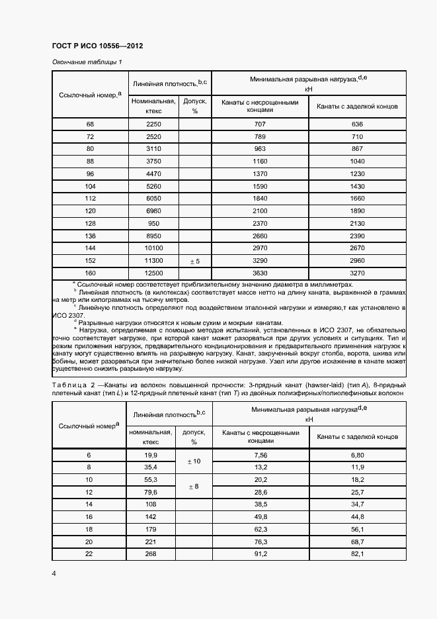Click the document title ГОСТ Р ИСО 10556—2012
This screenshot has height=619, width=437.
[97, 46]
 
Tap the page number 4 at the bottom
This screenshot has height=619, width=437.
[54, 573]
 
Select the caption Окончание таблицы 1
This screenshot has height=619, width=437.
[87, 62]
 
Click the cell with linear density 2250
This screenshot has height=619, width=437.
[154, 124]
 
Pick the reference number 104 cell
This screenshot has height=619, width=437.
[91, 187]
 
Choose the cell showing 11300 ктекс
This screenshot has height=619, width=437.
[154, 261]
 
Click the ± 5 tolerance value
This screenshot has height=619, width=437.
[195, 261]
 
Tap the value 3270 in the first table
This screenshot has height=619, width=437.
[358, 273]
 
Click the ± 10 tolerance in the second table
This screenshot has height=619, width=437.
[195, 460]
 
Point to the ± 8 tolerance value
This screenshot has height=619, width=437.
[195, 486]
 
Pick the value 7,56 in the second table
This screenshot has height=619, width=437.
[260, 455]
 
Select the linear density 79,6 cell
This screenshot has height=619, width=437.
[151, 493]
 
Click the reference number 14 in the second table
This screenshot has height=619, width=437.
[90, 505]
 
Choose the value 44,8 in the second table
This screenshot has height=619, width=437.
[358, 517]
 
